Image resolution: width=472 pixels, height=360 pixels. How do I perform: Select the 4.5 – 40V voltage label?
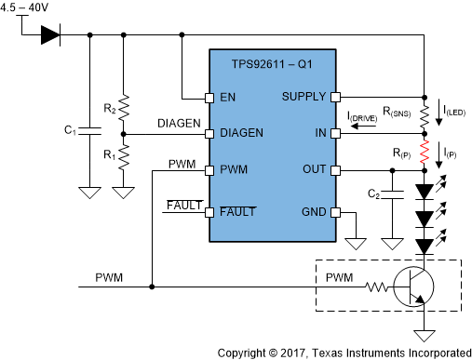27,8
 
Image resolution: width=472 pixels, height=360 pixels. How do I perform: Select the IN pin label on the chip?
320,133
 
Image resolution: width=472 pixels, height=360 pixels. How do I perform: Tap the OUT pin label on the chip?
313,170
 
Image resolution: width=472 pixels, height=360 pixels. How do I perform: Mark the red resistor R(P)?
424,152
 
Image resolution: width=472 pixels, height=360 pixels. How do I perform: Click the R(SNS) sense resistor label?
389,112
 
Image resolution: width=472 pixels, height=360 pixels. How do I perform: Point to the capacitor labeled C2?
394,194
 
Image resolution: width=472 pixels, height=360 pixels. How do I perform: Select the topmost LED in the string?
424,192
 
